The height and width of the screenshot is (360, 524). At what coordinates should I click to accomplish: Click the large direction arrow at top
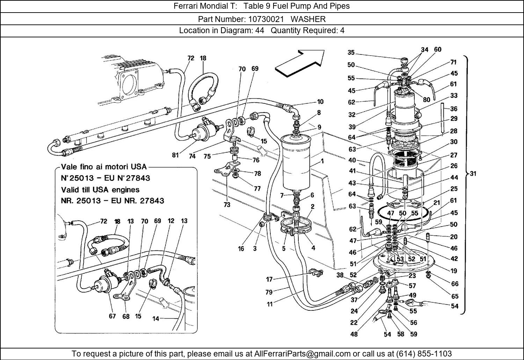coord(300,63)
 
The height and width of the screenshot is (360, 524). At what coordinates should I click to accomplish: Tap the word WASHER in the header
coord(308,19)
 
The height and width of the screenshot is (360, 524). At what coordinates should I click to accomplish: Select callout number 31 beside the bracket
coord(473,174)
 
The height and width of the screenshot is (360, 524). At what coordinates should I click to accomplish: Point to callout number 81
coord(175,155)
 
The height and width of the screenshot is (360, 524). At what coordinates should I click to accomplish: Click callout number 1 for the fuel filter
coord(322,161)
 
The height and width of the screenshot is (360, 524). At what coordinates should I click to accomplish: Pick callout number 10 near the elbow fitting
coord(320,102)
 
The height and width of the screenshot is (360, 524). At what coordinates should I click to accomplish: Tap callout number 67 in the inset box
coord(112,316)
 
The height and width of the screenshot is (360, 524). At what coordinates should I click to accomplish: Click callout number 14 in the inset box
coord(156,319)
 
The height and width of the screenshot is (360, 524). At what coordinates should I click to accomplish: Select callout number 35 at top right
coord(351,53)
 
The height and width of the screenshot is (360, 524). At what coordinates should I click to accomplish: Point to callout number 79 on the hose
coord(269,292)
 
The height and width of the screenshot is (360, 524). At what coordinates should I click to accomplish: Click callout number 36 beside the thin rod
coord(453,109)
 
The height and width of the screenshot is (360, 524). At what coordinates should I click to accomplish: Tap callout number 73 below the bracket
coord(227,205)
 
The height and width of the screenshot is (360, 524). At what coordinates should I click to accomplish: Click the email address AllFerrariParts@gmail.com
coord(302,354)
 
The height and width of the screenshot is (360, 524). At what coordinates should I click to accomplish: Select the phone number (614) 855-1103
coord(424,353)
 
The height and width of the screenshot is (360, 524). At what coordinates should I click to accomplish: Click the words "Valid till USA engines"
coord(100,190)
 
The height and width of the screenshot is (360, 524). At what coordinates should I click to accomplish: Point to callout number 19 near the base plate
coord(453,271)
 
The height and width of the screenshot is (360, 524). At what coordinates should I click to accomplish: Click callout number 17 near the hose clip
coord(269,279)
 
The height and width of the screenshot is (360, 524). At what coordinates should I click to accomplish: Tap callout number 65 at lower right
coord(455,296)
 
